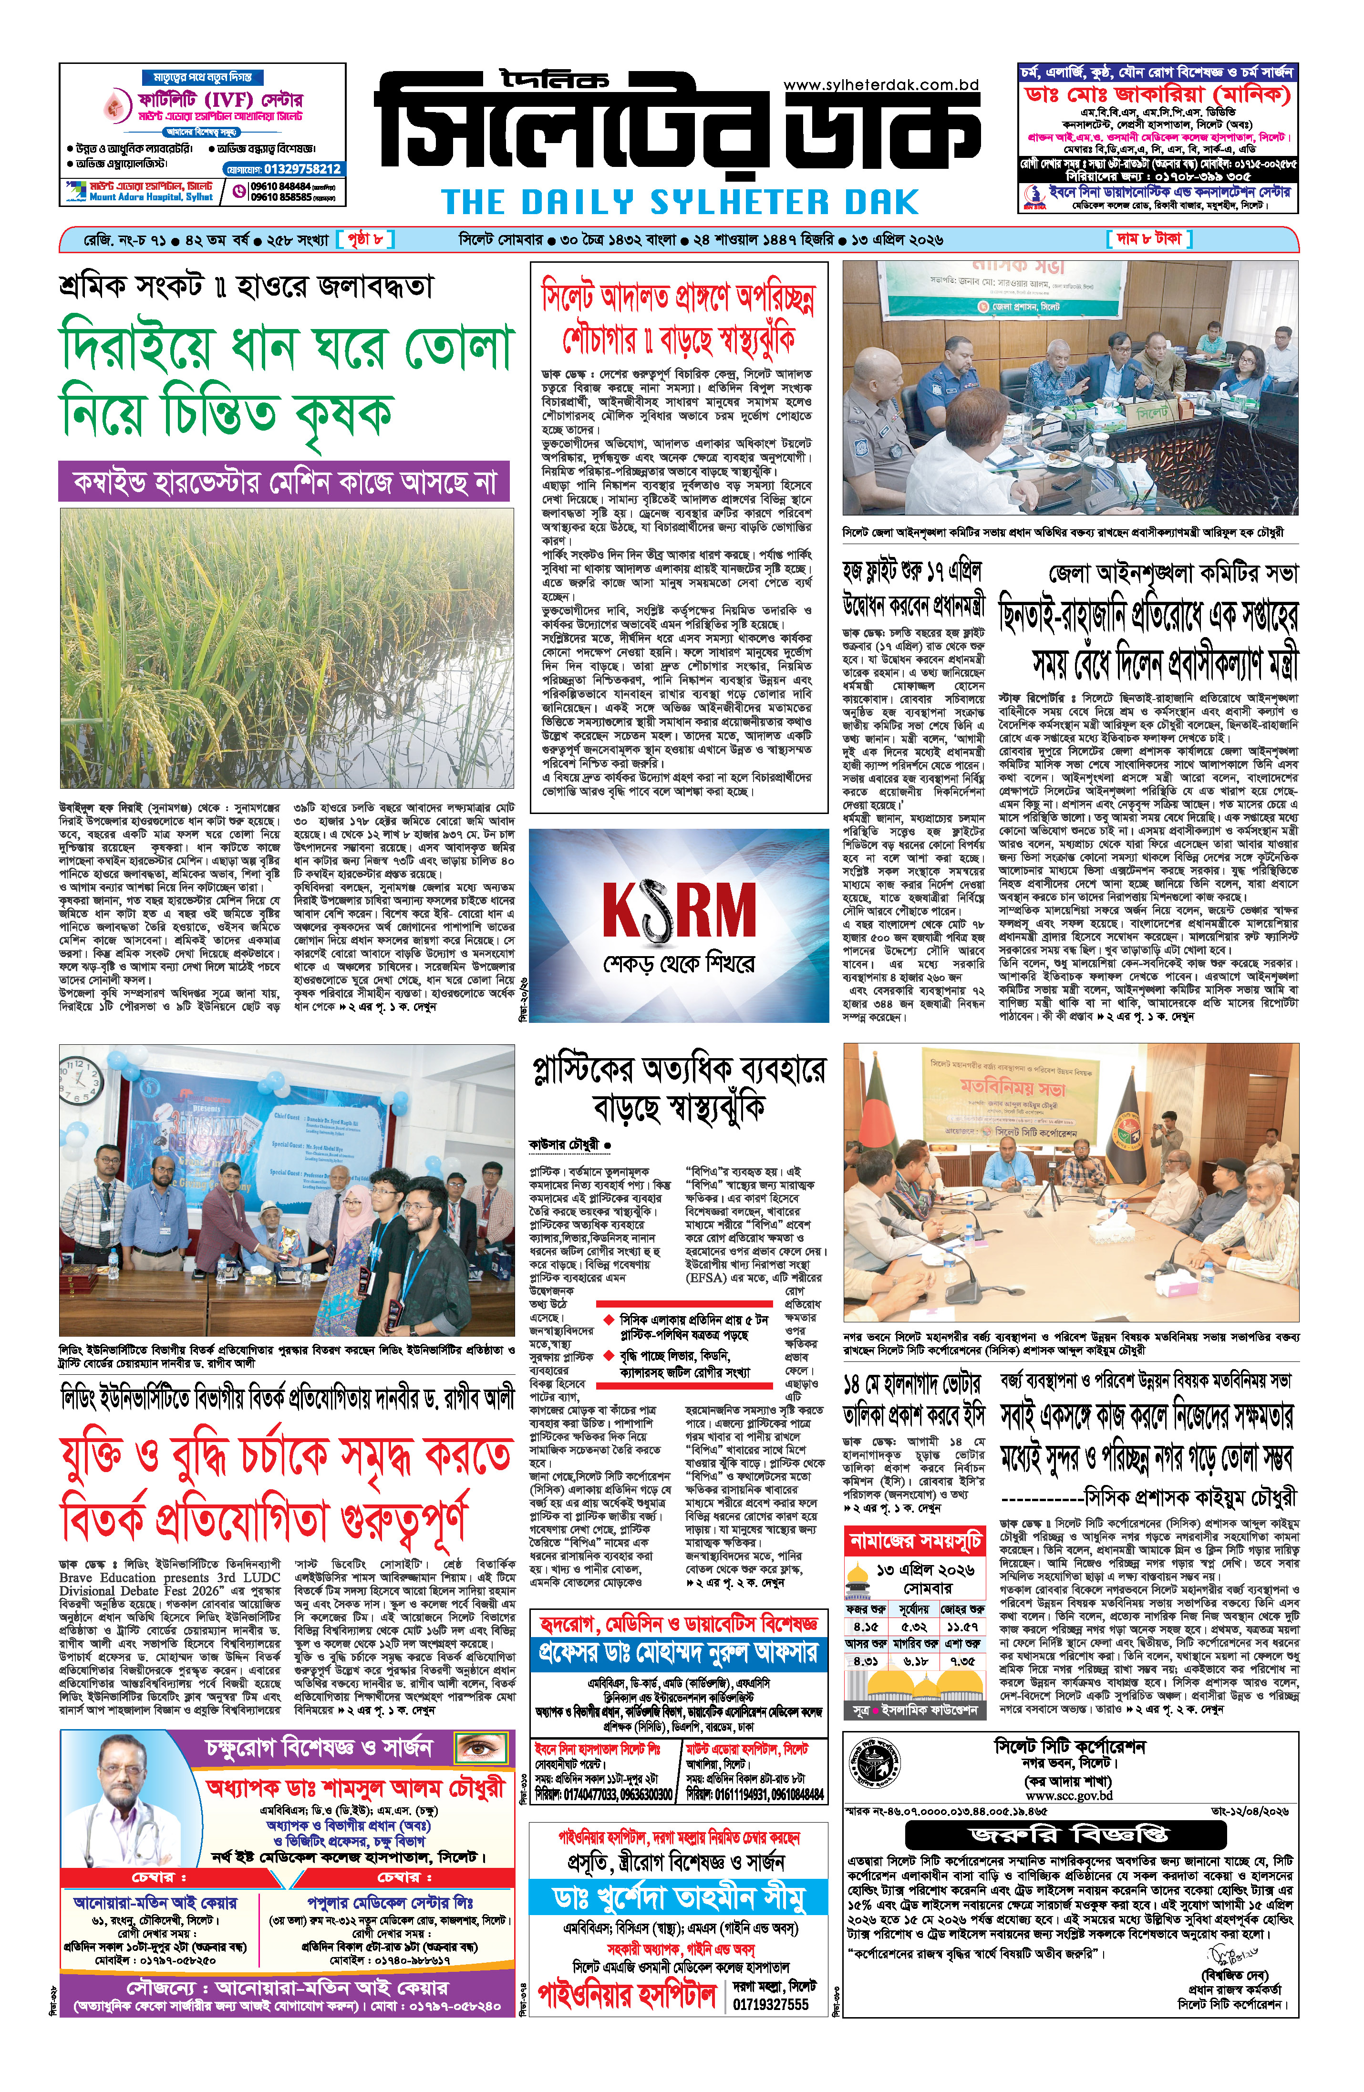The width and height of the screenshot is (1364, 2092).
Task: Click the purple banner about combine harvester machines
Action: coord(284,483)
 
